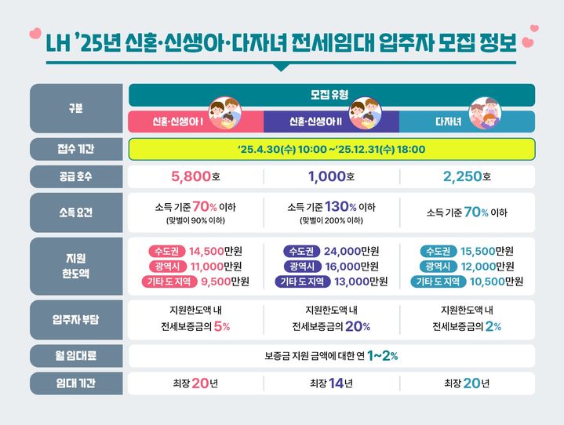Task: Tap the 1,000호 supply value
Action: click(x=331, y=176)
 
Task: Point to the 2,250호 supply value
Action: click(x=467, y=176)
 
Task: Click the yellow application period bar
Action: click(x=331, y=149)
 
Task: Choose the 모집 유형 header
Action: click(x=331, y=95)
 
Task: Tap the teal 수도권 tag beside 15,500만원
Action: click(x=439, y=252)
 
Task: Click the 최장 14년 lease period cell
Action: click(x=331, y=383)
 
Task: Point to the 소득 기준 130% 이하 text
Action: click(x=331, y=208)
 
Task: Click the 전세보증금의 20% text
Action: click(x=331, y=326)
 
